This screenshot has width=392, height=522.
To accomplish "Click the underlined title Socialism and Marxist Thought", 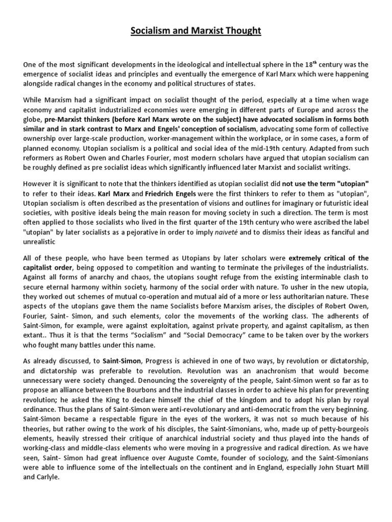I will point(196,31).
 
